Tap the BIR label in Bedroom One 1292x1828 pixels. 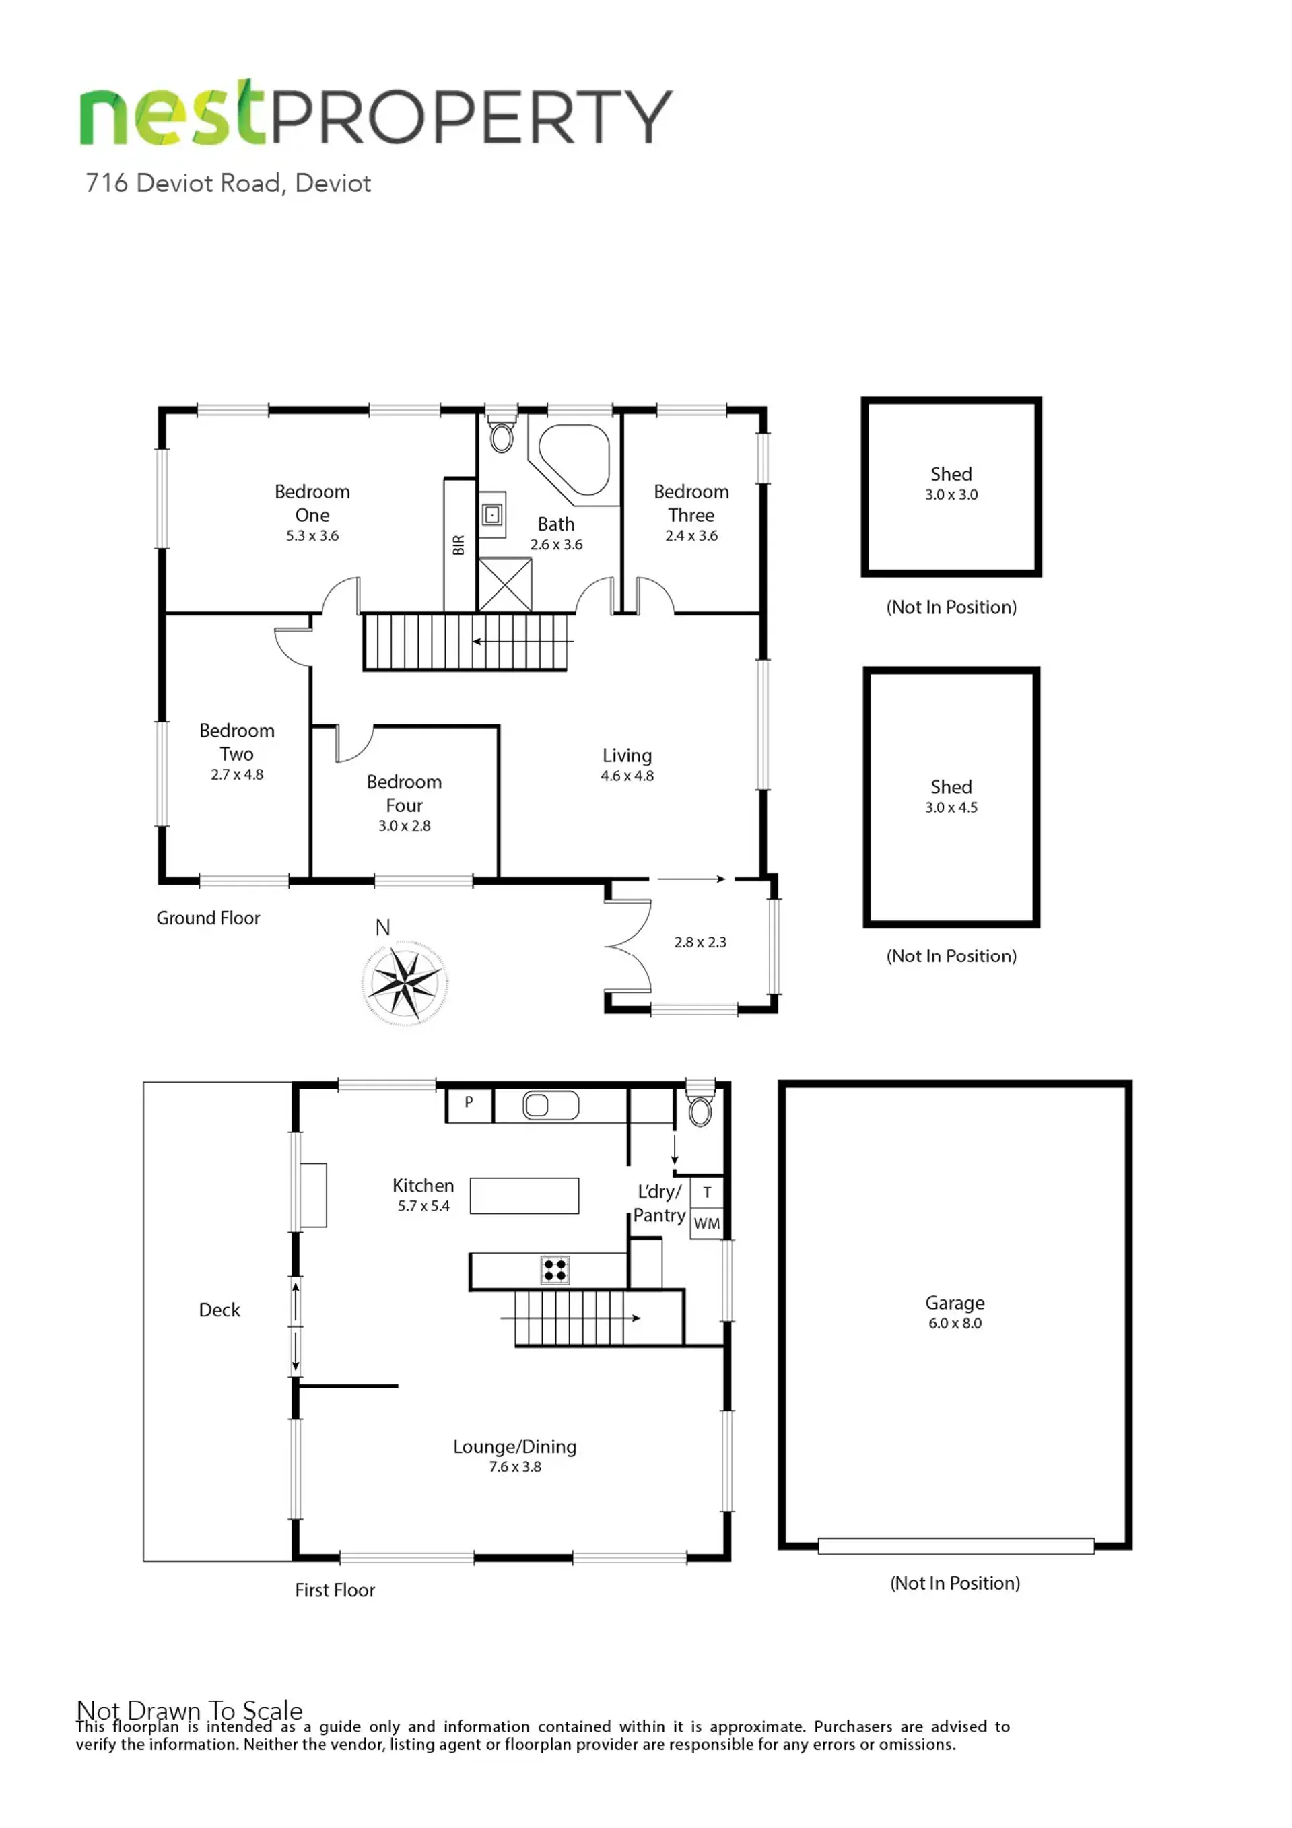click(x=458, y=545)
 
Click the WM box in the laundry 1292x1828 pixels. click(x=707, y=1223)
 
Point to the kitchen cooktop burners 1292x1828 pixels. click(x=555, y=1270)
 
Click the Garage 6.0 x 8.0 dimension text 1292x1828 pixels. click(x=955, y=1323)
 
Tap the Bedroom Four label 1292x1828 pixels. click(x=405, y=793)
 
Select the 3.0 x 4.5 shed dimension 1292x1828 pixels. click(x=951, y=807)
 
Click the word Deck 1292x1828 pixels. click(x=219, y=1310)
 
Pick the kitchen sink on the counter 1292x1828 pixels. click(x=550, y=1105)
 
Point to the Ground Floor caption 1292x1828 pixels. click(x=208, y=918)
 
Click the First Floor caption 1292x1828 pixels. click(x=335, y=1590)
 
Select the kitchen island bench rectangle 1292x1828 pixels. click(x=524, y=1196)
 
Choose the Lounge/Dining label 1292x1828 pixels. click(x=515, y=1447)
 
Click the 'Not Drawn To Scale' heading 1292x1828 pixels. click(x=189, y=1711)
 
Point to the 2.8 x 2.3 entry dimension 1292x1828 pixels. click(x=700, y=943)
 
